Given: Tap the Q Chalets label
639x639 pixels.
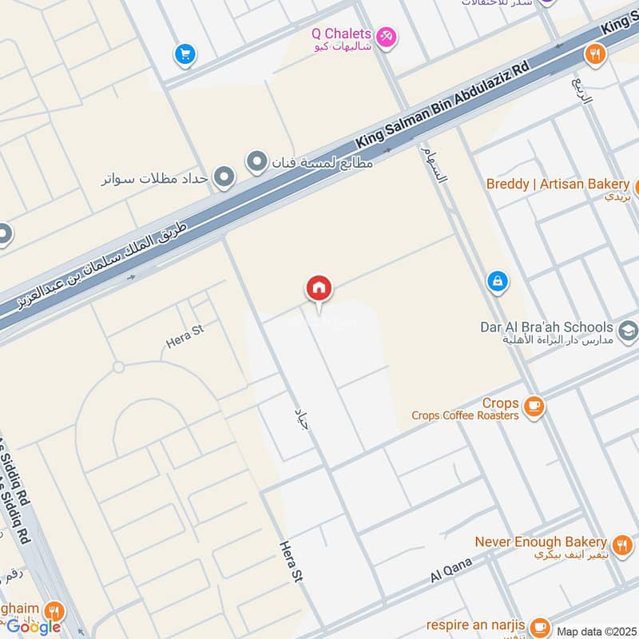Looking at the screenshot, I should [341, 34].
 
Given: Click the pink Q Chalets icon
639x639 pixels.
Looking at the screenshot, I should [386, 37].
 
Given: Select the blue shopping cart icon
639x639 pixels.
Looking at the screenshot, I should [185, 54].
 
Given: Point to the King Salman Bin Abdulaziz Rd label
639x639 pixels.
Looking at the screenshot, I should [443, 106].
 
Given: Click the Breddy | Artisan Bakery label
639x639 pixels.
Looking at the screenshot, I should [558, 185].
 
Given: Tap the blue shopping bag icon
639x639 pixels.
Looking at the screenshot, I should [498, 281].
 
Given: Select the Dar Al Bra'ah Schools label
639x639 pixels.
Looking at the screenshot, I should [546, 327].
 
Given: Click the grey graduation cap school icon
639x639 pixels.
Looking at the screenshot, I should [629, 329].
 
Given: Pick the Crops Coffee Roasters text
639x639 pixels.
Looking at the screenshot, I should [465, 415].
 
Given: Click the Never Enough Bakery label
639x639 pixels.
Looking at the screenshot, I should [541, 542].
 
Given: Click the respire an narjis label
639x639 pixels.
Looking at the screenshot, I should [476, 625].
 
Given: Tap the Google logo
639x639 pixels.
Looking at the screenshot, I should [34, 627].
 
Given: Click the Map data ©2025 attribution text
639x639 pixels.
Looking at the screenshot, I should [596, 631].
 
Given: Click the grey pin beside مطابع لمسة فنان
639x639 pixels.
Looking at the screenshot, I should [256, 163].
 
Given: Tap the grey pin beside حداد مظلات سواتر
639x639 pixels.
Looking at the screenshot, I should [224, 177].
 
